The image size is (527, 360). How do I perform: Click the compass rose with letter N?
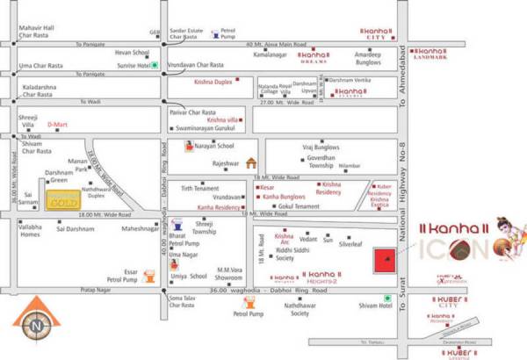(34, 323)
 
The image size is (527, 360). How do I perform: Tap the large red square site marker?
(383, 262)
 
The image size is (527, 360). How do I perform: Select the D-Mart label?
(57, 125)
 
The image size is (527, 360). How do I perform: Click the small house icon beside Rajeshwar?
(252, 162)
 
